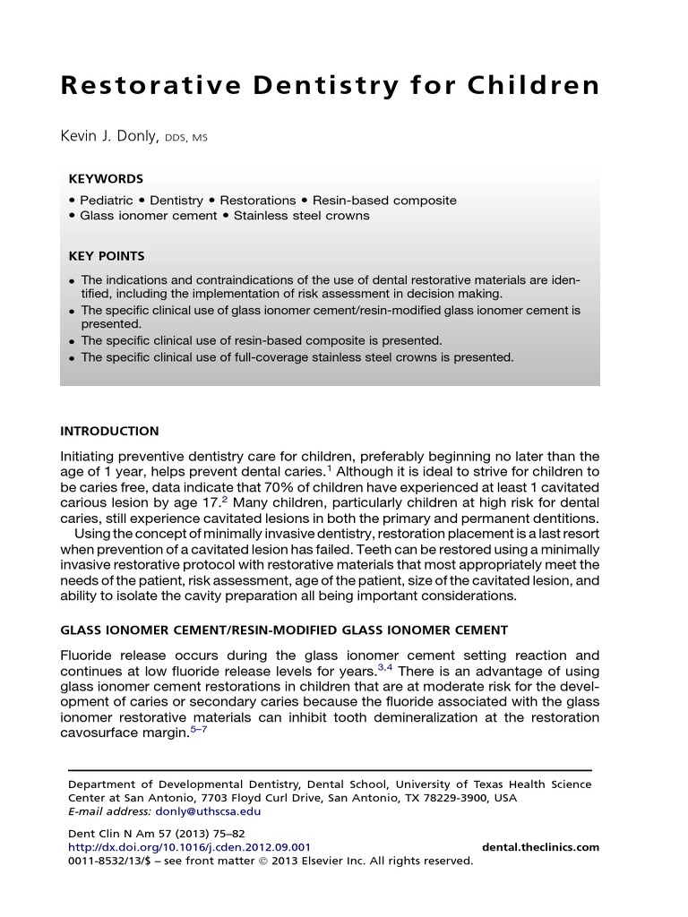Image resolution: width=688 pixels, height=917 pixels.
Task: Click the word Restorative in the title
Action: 143,86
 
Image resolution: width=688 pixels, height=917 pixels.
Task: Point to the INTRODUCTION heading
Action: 109,431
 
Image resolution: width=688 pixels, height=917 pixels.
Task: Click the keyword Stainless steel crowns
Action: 301,216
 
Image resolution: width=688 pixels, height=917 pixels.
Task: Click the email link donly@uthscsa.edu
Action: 219,811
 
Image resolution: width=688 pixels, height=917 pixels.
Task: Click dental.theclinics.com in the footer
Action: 540,847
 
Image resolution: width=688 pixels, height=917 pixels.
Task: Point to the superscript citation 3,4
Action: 384,666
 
